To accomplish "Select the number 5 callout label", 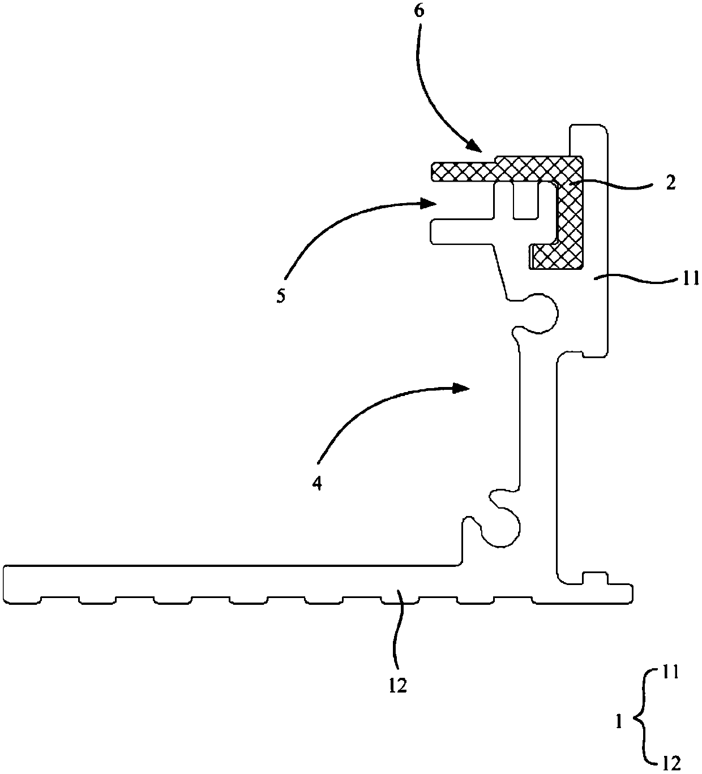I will (281, 296).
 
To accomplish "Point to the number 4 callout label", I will (318, 483).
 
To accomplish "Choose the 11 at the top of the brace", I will (669, 673).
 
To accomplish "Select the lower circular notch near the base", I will (500, 525).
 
